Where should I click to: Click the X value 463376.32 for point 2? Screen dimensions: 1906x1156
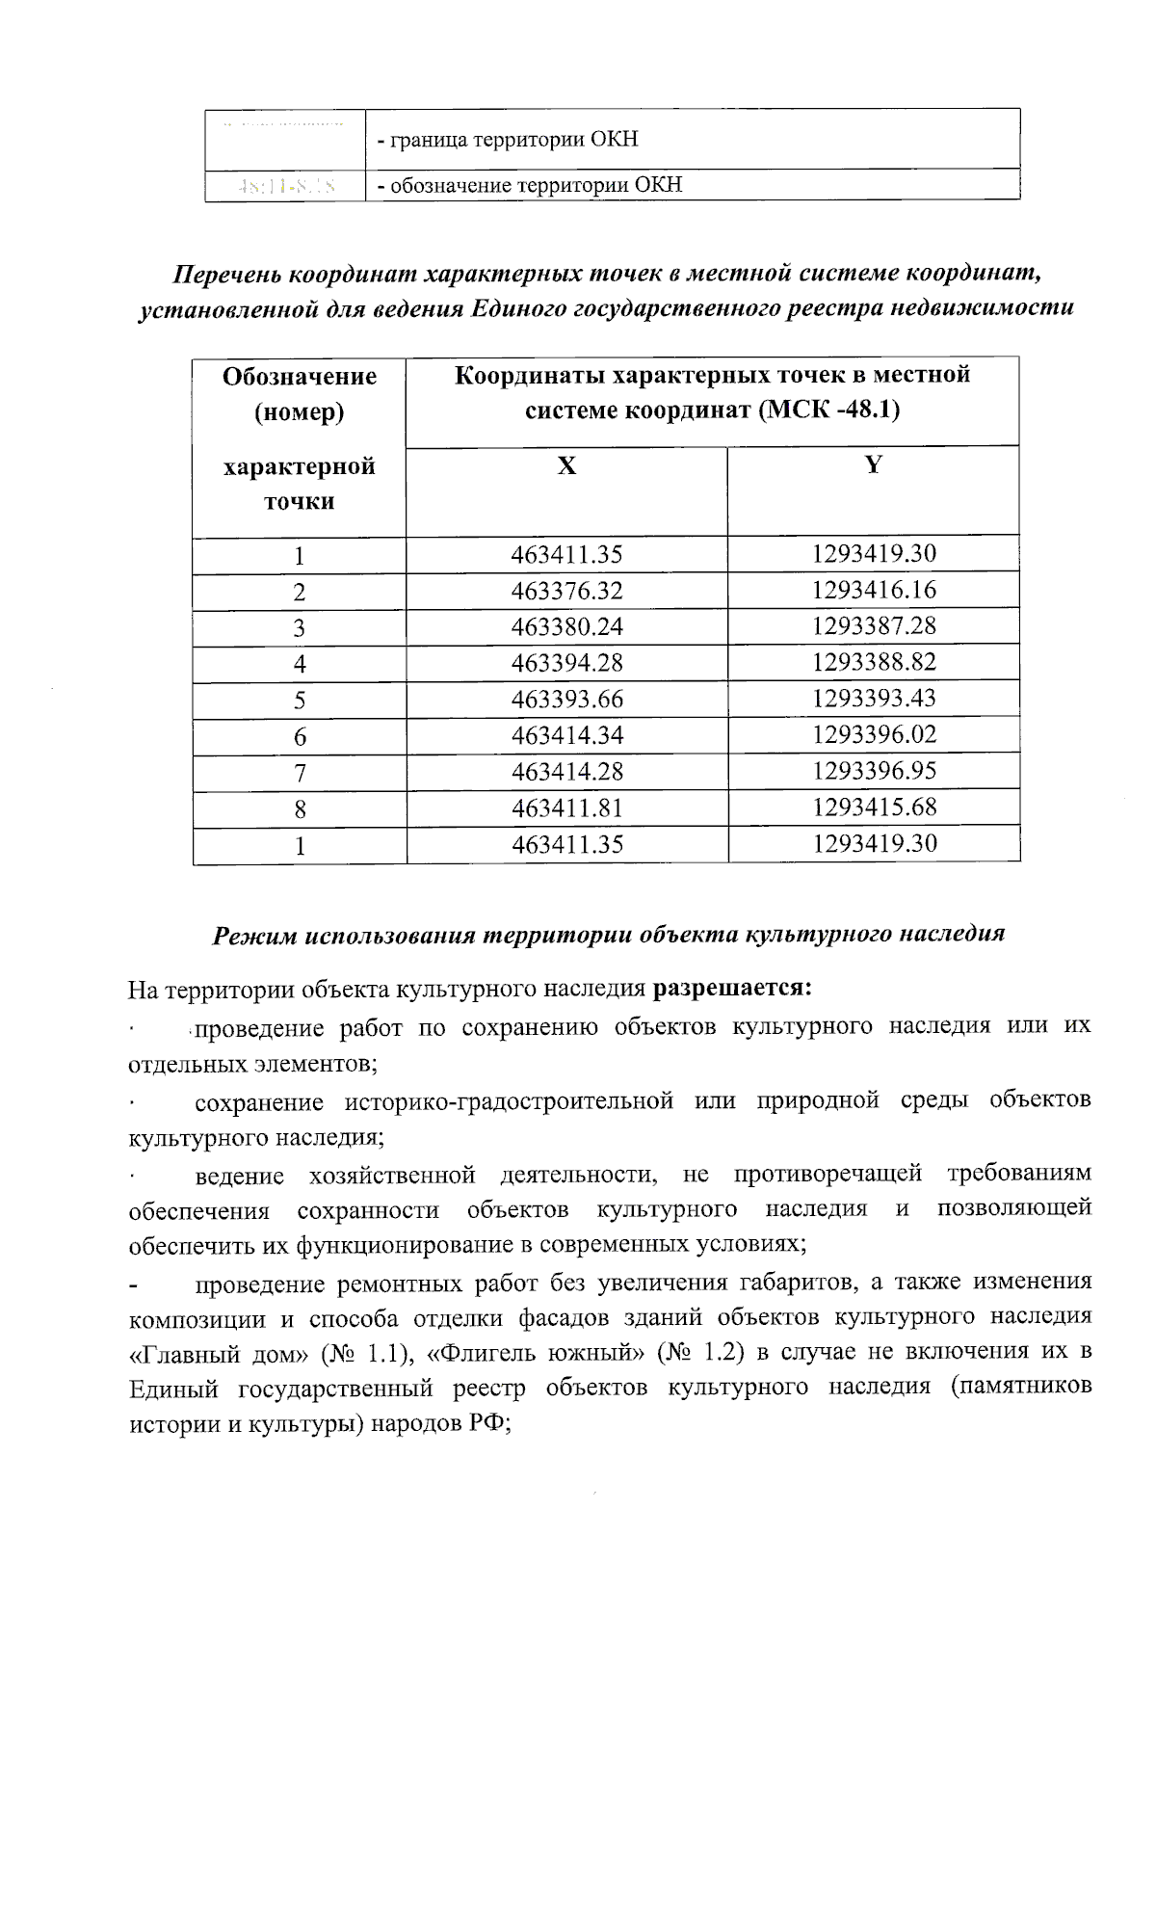(566, 591)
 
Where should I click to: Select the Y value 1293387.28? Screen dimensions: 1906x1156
(874, 625)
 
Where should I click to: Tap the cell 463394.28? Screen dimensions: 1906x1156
(566, 663)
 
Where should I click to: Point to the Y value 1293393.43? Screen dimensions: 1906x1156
(874, 698)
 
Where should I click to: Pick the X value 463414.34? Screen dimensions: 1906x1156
(566, 735)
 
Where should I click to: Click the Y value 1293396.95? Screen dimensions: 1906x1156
(874, 770)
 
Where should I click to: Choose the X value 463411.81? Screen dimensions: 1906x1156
(566, 807)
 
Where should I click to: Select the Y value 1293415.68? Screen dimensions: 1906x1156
(874, 807)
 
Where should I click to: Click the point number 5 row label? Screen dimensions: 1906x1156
(300, 701)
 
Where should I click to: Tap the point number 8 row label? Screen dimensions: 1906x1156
(300, 809)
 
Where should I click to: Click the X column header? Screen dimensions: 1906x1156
(566, 466)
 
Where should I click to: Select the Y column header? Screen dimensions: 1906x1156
(873, 464)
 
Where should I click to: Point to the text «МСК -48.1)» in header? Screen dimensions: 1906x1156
(828, 410)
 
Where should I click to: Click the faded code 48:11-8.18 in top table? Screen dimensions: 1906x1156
(286, 185)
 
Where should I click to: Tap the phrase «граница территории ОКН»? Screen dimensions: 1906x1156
(513, 139)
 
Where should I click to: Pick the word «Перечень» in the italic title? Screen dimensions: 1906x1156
(227, 274)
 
